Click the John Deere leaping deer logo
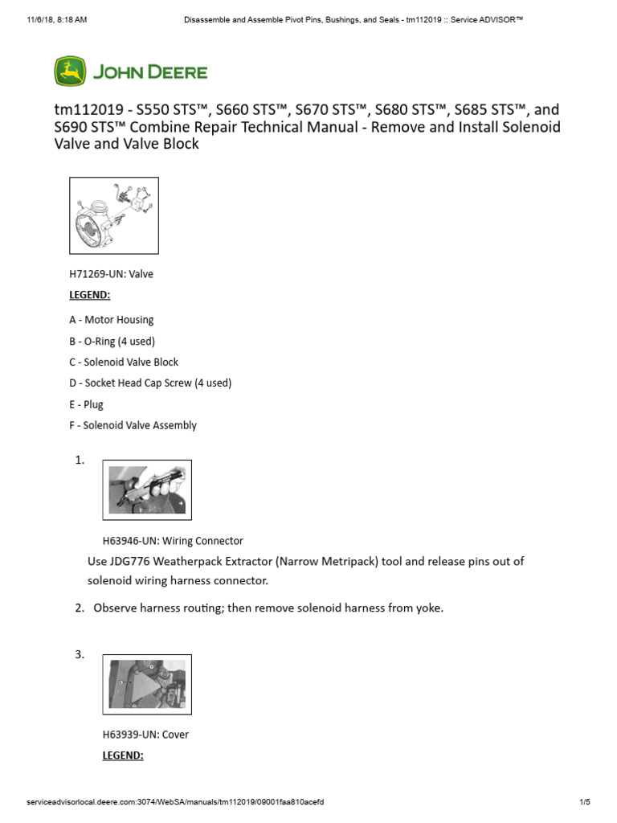[x=69, y=72]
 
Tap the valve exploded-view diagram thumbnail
[x=114, y=215]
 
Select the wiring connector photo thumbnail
[x=147, y=489]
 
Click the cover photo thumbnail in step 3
[x=147, y=684]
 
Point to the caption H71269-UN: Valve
[x=111, y=274]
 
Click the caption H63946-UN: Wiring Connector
[x=172, y=541]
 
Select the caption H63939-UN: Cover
[x=145, y=735]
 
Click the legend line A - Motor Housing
[x=111, y=320]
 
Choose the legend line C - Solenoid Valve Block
[x=124, y=362]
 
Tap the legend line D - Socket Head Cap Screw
[x=150, y=383]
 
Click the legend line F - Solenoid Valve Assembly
[x=133, y=425]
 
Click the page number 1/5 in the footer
[x=584, y=802]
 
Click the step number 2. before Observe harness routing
[x=80, y=608]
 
